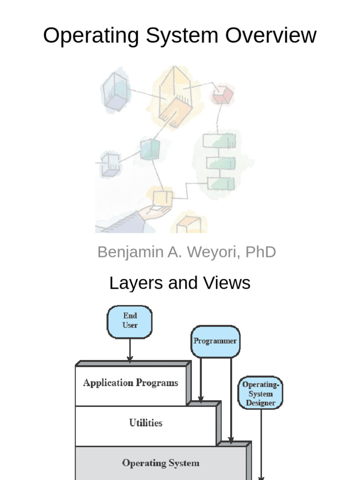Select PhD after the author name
pyautogui.click(x=260, y=252)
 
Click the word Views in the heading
pyautogui.click(x=227, y=283)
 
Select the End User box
pyautogui.click(x=130, y=321)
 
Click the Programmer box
pyautogui.click(x=215, y=341)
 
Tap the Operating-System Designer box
pyautogui.click(x=261, y=392)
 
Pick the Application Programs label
pyautogui.click(x=131, y=383)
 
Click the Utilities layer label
pyautogui.click(x=146, y=423)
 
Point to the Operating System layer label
pyautogui.click(x=160, y=463)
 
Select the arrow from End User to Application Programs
pyautogui.click(x=130, y=351)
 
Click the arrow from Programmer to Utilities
pyautogui.click(x=201, y=380)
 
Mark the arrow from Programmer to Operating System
pyautogui.click(x=231, y=398)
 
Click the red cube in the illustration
pyautogui.click(x=222, y=95)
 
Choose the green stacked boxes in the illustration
pyautogui.click(x=219, y=162)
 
